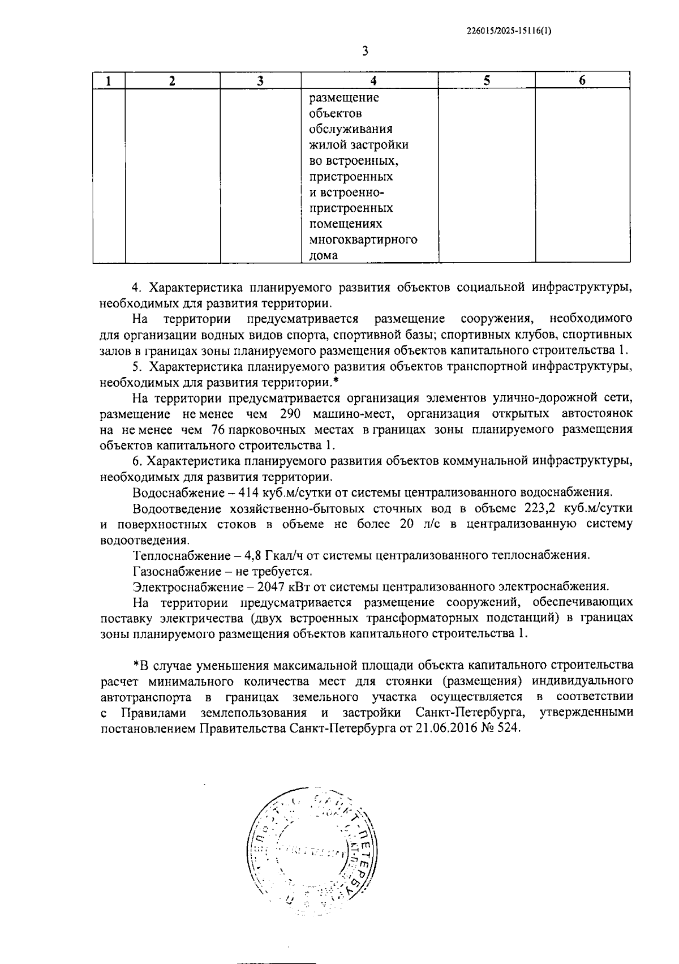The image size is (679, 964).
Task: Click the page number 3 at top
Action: point(365,52)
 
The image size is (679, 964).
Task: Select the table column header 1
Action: point(109,80)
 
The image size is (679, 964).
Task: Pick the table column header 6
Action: point(582,80)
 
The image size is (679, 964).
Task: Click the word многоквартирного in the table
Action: point(363,239)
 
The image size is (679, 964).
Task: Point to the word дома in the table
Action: point(323,255)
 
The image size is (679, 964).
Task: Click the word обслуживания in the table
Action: point(351,129)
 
